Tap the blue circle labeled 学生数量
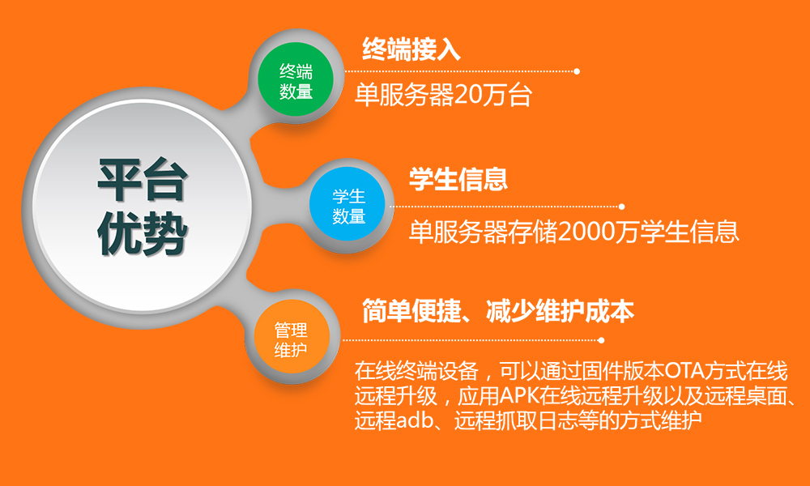pos(347,205)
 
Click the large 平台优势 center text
pos(142,207)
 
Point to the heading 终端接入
pos(411,49)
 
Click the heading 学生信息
pos(458,178)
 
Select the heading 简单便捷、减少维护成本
pos(498,310)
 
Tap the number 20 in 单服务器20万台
pos(468,96)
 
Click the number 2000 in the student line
pos(585,232)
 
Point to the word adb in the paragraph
pos(414,421)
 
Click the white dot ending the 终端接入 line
pos(577,71)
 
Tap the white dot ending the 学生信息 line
pos(622,207)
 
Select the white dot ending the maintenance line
pos(601,340)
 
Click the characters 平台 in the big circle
pos(142,181)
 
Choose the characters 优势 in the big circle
pos(142,234)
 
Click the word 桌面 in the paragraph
pos(766,396)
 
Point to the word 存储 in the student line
pos(533,232)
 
